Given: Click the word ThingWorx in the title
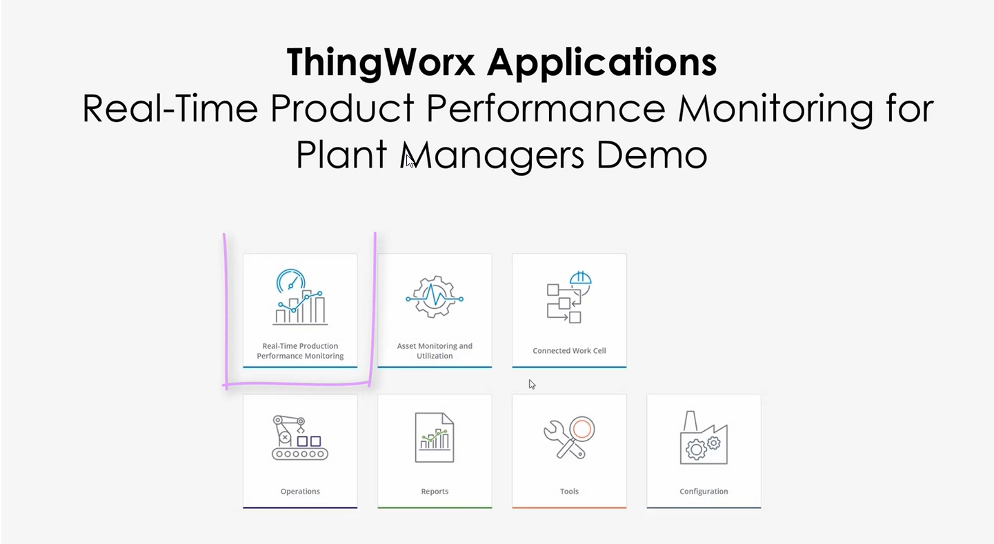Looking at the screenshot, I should click(381, 63).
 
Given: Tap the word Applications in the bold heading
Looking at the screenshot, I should click(602, 63).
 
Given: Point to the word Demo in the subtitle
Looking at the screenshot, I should click(651, 154).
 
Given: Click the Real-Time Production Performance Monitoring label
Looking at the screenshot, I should click(300, 351).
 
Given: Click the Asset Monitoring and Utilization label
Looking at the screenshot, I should click(435, 351).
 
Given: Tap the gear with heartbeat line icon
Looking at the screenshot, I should click(435, 297).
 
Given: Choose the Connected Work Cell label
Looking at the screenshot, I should click(569, 351).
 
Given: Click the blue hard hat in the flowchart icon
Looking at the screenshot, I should click(581, 279).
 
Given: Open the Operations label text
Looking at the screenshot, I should click(300, 492).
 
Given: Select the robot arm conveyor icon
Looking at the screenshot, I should click(300, 438).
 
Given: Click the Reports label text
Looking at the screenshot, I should click(435, 492).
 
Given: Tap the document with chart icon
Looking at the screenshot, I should click(435, 438).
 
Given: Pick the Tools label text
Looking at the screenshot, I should click(569, 492).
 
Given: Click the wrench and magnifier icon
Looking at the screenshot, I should click(569, 438).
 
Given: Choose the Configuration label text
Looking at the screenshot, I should click(704, 492).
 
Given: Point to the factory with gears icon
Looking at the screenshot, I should click(704, 438).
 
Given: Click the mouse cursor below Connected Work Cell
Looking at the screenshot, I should click(532, 385).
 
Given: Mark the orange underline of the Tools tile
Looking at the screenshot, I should click(569, 507).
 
